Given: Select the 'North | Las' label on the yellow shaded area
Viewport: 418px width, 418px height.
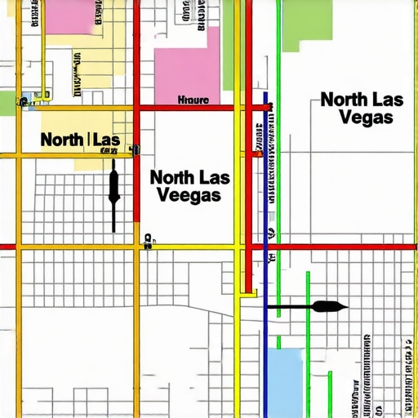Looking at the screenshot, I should coord(80,140).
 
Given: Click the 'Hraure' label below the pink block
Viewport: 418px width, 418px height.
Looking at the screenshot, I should coord(193,100).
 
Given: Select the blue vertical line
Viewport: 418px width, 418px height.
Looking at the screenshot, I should coord(266,327).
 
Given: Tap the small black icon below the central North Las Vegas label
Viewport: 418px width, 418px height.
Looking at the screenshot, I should coord(149,239).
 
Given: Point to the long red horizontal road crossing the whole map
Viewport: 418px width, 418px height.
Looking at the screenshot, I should coord(209,246).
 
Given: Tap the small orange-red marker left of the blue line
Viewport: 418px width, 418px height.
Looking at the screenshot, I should coord(257,153).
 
